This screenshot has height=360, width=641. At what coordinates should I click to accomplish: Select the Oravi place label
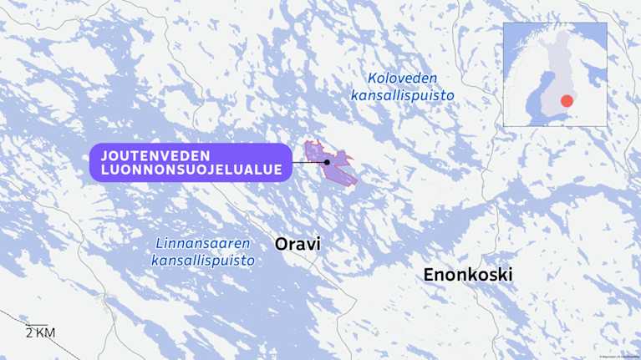[298, 244]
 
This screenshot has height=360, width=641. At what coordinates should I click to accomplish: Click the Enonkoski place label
[467, 275]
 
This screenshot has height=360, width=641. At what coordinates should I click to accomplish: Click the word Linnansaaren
[203, 244]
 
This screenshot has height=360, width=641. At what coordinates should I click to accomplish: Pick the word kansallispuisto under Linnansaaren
[203, 261]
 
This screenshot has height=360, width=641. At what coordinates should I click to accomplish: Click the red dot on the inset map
[567, 101]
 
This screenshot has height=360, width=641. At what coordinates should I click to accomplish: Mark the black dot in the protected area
[327, 162]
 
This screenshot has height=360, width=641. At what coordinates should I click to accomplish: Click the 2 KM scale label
[39, 334]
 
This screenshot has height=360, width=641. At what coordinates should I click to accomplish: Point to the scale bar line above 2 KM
[37, 325]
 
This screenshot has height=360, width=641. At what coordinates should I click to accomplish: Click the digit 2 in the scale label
[28, 334]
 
